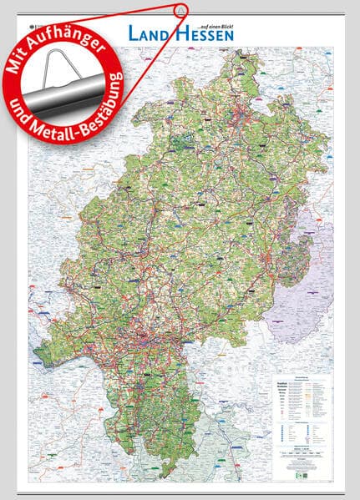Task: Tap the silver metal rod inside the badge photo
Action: tap(71, 81)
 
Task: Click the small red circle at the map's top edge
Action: tap(179, 10)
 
